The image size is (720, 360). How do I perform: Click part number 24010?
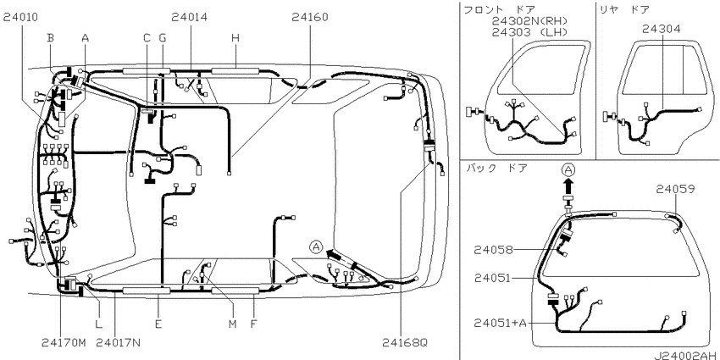click(x=21, y=18)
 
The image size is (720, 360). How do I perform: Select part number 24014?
click(x=189, y=18)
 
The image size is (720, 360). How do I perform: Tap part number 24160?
click(x=310, y=18)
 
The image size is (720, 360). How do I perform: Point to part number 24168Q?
click(x=405, y=342)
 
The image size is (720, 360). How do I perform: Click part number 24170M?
click(x=64, y=342)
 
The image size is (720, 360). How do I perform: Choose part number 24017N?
click(x=119, y=342)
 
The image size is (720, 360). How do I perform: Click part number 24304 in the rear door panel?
click(x=662, y=30)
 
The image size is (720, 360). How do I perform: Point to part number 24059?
click(x=675, y=189)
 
